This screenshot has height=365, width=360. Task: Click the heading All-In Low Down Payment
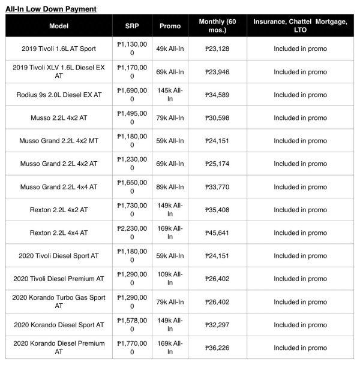pyautogui.click(x=51, y=10)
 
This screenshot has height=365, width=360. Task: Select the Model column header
pyautogui.click(x=59, y=26)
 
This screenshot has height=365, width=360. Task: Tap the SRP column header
pyautogui.click(x=132, y=26)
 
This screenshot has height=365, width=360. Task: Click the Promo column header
pyautogui.click(x=170, y=26)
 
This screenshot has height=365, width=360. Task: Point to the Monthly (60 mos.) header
pyautogui.click(x=217, y=26)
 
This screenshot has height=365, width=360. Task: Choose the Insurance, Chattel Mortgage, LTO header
pyautogui.click(x=300, y=26)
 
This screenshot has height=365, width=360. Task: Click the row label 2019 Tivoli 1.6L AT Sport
pyautogui.click(x=59, y=49)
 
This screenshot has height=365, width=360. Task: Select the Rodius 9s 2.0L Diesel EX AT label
pyautogui.click(x=59, y=95)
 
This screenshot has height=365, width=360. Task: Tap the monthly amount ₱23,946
pyautogui.click(x=217, y=72)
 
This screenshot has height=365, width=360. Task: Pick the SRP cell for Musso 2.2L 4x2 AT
pyautogui.click(x=132, y=118)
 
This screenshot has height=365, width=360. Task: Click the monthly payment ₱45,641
pyautogui.click(x=217, y=233)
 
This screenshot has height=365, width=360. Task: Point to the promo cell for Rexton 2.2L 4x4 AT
pyautogui.click(x=170, y=233)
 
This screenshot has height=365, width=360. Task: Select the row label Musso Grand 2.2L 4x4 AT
pyautogui.click(x=59, y=187)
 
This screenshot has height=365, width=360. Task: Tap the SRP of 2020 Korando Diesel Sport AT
pyautogui.click(x=132, y=324)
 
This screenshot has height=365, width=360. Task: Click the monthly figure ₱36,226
pyautogui.click(x=217, y=348)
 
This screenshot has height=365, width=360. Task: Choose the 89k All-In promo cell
pyautogui.click(x=170, y=187)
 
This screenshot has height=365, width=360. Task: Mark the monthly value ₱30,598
pyautogui.click(x=217, y=118)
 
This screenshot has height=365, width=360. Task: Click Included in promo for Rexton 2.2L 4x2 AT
pyautogui.click(x=300, y=210)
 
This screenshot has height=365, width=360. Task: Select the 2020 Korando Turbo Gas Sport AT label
pyautogui.click(x=59, y=301)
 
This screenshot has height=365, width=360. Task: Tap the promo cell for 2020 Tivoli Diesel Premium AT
pyautogui.click(x=170, y=279)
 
